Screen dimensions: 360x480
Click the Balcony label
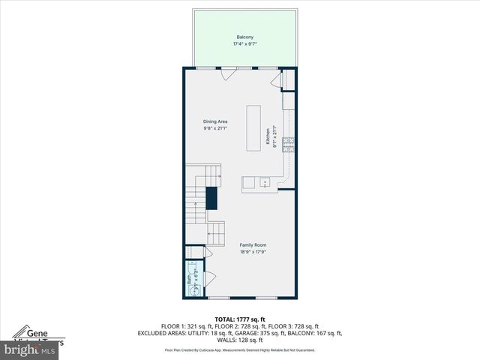(244, 37)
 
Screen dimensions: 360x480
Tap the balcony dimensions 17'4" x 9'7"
(244, 43)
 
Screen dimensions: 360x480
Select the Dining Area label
(215, 121)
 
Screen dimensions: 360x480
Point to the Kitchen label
(266, 136)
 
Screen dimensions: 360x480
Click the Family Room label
(253, 244)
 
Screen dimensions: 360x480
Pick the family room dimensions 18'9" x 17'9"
(253, 251)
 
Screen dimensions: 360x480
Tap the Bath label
(189, 279)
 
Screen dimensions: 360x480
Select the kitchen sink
(264, 182)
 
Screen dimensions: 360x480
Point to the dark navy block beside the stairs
(211, 198)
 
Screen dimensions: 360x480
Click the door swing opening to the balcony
(227, 73)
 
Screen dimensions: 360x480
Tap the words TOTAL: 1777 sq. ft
(239, 319)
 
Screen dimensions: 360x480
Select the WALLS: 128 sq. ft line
(240, 340)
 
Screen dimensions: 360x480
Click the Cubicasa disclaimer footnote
(240, 350)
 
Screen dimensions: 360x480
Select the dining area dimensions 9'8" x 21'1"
(215, 128)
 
